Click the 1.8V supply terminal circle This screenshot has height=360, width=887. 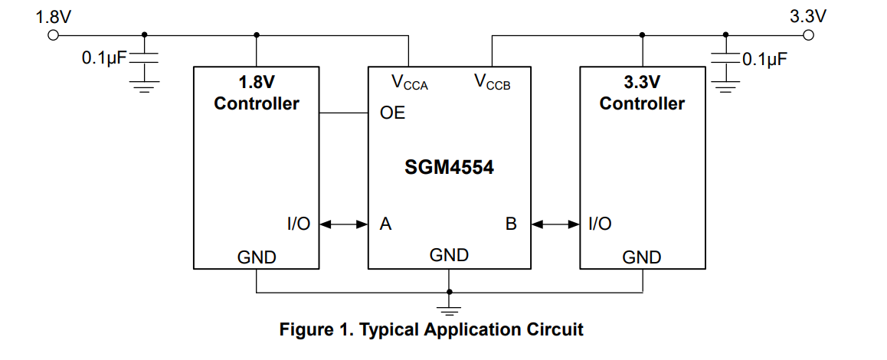(x=53, y=35)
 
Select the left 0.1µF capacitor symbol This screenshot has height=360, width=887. (x=144, y=57)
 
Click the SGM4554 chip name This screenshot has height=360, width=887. (x=449, y=166)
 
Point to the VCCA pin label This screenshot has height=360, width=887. (x=409, y=82)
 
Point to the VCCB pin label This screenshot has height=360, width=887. (x=492, y=82)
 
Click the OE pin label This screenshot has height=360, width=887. (x=392, y=113)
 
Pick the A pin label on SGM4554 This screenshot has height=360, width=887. (x=386, y=224)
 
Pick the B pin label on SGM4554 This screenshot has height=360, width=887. (x=511, y=224)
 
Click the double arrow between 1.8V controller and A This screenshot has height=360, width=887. (x=344, y=224)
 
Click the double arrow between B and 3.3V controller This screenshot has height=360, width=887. (x=555, y=224)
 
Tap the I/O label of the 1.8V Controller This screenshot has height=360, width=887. (x=299, y=224)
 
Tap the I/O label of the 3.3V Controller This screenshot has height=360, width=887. (x=600, y=224)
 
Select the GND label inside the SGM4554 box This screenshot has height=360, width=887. (x=449, y=255)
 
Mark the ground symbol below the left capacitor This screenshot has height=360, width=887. (x=144, y=85)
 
